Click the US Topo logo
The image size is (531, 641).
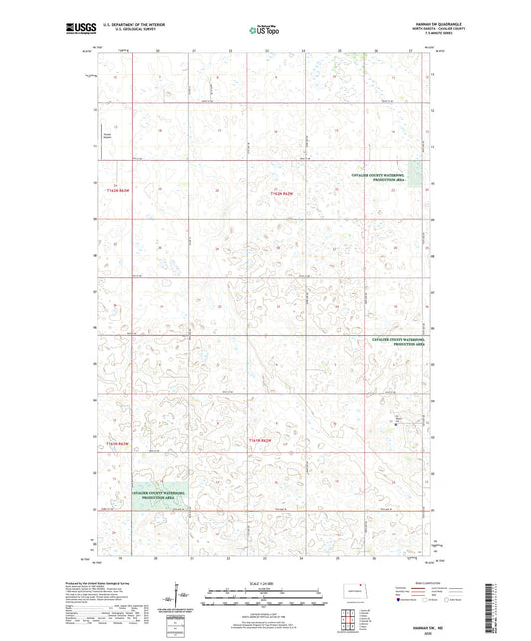click(264, 30)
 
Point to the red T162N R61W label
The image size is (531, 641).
click(289, 192)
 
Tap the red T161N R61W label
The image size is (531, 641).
click(260, 439)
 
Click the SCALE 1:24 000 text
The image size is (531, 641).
click(264, 582)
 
